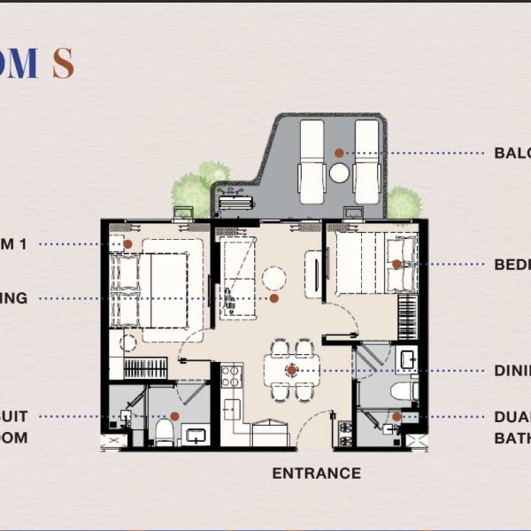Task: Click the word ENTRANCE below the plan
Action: pos(316,473)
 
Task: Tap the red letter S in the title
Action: pos(62,64)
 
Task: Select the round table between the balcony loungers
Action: pos(340,174)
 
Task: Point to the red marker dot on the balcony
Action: pos(339,153)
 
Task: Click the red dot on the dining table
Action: pos(292,371)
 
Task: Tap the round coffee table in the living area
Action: pos(274,280)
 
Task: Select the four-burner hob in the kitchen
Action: pos(230,376)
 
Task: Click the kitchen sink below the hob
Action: pos(231,409)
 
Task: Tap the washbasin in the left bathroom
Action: pos(196,435)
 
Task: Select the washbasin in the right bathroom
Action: pos(408,359)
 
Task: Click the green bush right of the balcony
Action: pos(403,203)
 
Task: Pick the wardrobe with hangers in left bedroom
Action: pos(144,367)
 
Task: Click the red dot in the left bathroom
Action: pos(175,416)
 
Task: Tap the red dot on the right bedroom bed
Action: pos(396,264)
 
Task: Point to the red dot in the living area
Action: pos(274,298)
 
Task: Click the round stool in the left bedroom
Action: pos(129,342)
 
